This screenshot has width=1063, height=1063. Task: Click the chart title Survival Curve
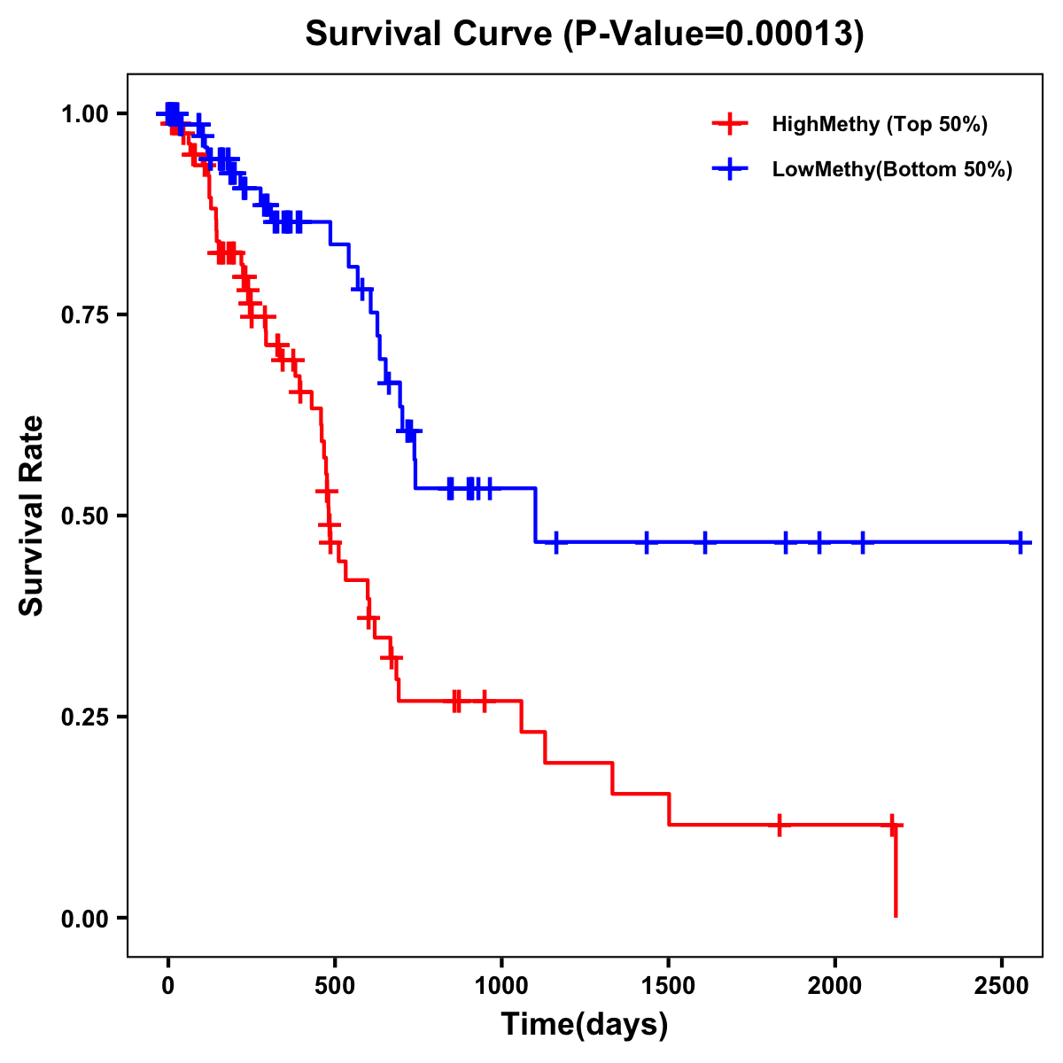584,35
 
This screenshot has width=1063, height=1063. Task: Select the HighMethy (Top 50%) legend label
879,124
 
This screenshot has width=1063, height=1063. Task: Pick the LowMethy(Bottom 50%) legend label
891,170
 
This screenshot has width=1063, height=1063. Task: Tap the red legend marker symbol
728,124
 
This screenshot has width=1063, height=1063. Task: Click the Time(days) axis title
585,1025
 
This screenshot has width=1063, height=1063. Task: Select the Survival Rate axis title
32,516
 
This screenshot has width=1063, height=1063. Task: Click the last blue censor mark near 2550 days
1020,542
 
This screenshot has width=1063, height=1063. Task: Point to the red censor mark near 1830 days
779,825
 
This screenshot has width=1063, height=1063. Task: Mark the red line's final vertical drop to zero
896,873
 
